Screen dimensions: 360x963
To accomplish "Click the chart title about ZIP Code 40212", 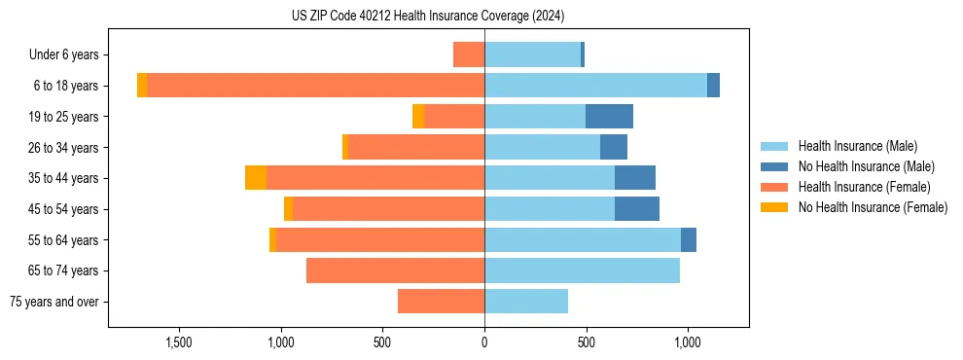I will click(x=428, y=17).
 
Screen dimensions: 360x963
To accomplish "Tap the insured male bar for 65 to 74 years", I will click(x=582, y=270).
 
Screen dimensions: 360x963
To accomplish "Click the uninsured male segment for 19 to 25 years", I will click(x=609, y=117).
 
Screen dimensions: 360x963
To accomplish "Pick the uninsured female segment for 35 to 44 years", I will click(x=256, y=178).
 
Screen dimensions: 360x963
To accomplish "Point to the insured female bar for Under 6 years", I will click(x=469, y=54).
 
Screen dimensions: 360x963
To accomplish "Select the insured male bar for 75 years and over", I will click(x=526, y=302).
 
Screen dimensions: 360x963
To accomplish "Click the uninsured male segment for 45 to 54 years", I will click(x=637, y=209).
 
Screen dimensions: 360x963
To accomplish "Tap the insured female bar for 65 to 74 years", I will click(x=395, y=270).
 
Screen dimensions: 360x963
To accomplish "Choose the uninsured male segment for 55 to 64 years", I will click(x=689, y=240).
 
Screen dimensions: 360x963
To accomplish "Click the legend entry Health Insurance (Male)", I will click(x=857, y=146).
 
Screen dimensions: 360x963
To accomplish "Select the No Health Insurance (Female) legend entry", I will click(x=873, y=207).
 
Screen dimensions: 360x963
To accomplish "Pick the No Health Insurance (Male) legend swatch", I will click(x=775, y=166).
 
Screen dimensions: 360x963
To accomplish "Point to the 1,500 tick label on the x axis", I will click(x=179, y=343).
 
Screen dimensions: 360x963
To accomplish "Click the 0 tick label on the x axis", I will click(x=484, y=343).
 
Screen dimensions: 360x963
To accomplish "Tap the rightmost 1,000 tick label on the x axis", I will click(x=688, y=343).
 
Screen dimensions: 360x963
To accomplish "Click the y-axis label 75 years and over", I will click(x=54, y=302).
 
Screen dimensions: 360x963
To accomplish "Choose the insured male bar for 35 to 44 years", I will click(x=550, y=178).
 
